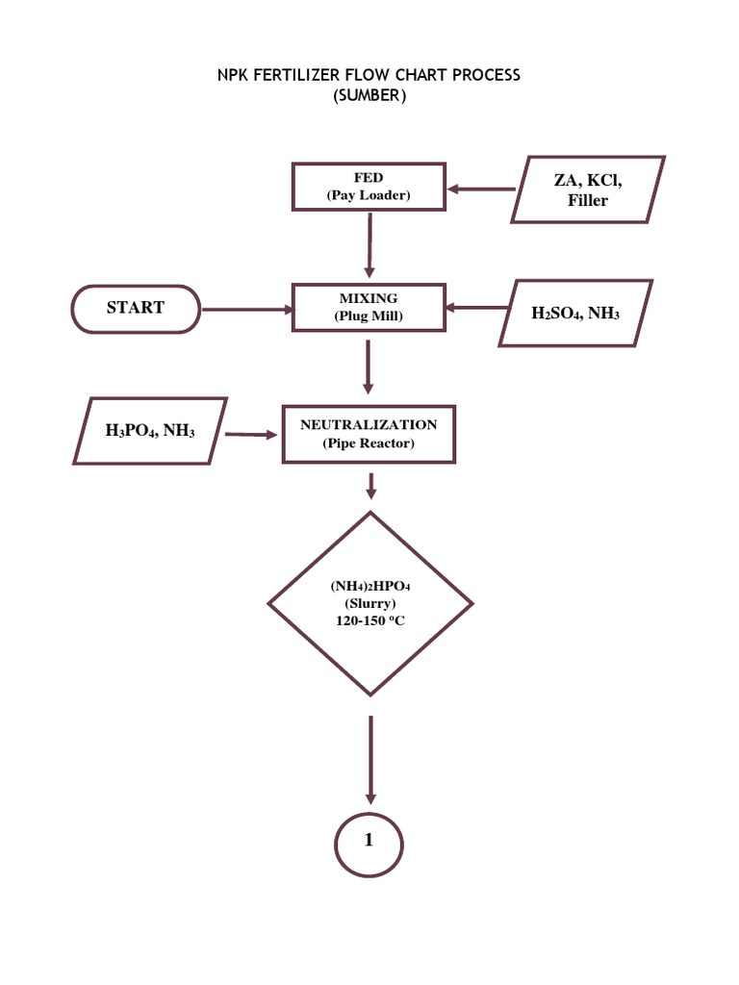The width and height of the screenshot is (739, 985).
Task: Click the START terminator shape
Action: click(x=135, y=309)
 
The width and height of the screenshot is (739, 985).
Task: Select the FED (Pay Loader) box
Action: click(x=369, y=188)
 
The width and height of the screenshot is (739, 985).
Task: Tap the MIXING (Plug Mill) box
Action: click(x=369, y=308)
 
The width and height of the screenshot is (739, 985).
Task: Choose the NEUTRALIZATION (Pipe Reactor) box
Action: click(x=369, y=433)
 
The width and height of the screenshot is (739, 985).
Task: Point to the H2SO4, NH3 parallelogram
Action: click(x=576, y=313)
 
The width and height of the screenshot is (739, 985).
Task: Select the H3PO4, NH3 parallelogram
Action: click(x=150, y=431)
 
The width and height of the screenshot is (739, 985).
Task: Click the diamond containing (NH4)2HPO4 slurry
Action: click(x=369, y=602)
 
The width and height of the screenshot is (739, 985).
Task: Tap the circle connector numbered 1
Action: click(x=369, y=840)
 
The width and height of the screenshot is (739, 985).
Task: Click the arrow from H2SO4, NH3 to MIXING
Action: click(x=475, y=308)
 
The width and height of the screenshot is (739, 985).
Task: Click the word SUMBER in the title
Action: click(x=369, y=96)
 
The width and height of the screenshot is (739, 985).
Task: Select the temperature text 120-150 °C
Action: click(x=369, y=622)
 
